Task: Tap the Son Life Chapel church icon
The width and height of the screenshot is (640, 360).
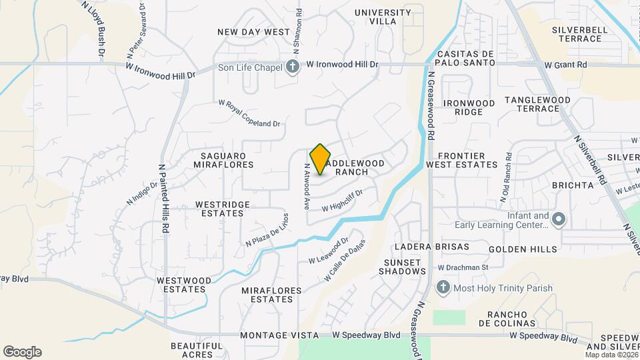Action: (291, 65)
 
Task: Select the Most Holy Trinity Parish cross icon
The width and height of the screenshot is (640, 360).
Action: (442, 288)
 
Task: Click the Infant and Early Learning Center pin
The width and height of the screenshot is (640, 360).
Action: (559, 219)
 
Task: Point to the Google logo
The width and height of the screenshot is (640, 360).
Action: (22, 351)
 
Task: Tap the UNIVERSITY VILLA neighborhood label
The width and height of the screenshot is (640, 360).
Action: (383, 17)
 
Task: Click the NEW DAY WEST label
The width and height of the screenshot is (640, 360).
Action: (254, 32)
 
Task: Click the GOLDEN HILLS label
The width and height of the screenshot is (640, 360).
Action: (522, 249)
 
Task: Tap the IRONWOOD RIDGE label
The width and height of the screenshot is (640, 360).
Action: (469, 107)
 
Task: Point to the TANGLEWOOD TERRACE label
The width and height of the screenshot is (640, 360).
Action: (537, 104)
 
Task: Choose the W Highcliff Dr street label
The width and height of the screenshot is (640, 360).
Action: (341, 201)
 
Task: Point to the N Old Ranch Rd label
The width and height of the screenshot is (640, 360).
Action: (506, 177)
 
